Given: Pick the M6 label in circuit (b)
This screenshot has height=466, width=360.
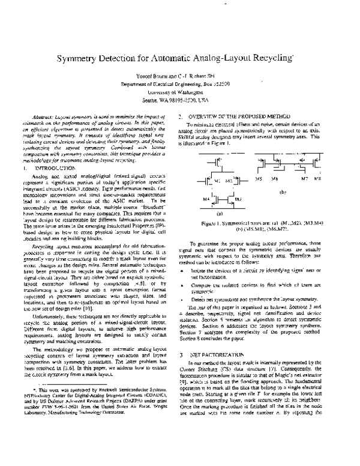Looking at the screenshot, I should tap(274, 179).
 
